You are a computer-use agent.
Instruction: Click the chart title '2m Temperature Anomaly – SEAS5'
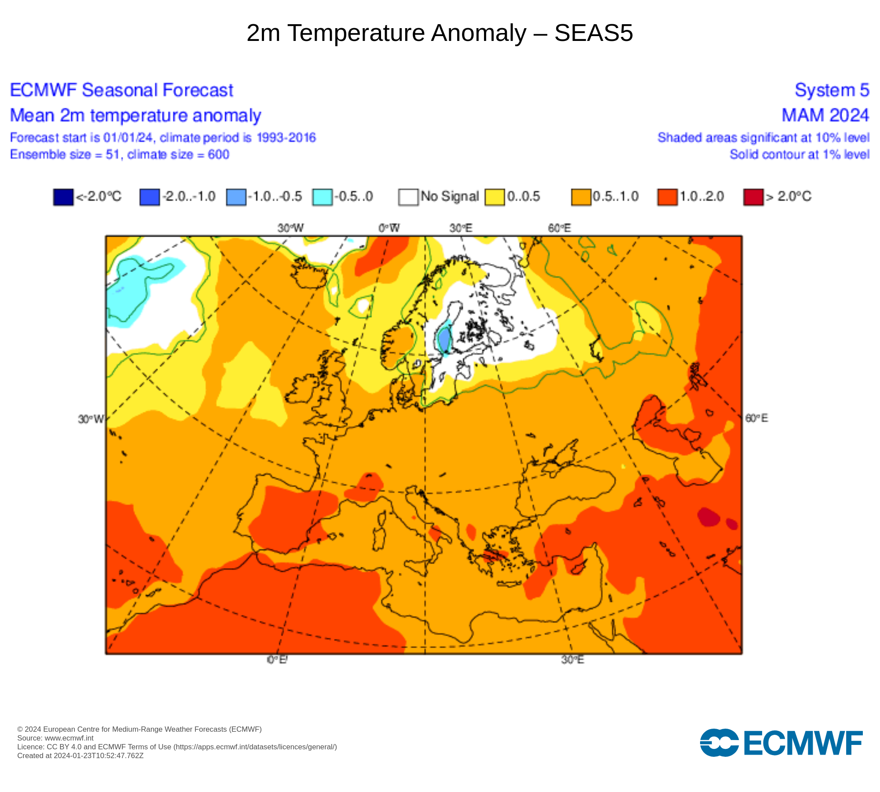click(x=440, y=33)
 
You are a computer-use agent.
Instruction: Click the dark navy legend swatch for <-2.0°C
click(x=63, y=197)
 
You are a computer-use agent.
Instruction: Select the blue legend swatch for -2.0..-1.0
click(x=149, y=197)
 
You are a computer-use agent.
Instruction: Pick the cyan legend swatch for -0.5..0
click(x=322, y=197)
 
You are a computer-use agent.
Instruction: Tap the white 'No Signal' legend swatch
click(x=408, y=197)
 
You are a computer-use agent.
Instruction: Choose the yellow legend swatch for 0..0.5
click(x=495, y=197)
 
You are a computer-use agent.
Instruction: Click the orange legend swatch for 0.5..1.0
click(x=581, y=197)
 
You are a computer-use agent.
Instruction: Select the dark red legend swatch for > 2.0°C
click(x=753, y=197)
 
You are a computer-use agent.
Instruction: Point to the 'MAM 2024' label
click(x=825, y=115)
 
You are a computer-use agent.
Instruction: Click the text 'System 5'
click(x=832, y=90)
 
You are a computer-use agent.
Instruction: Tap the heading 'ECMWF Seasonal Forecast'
click(x=121, y=90)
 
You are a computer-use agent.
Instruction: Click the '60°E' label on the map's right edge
click(x=756, y=418)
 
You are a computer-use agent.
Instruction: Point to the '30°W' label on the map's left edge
click(x=91, y=419)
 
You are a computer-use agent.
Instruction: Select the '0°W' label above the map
click(x=389, y=228)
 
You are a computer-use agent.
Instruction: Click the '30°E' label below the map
click(x=572, y=660)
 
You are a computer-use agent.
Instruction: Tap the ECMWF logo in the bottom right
click(x=781, y=743)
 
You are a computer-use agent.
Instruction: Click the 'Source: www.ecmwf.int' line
click(x=55, y=738)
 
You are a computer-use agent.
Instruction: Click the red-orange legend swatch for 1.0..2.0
click(x=667, y=197)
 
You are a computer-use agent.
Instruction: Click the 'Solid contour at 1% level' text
click(x=799, y=154)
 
